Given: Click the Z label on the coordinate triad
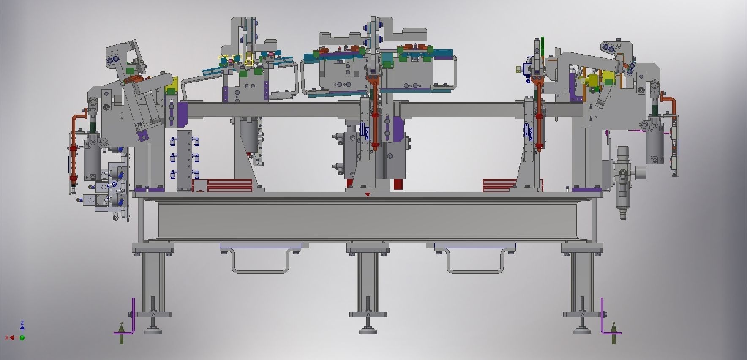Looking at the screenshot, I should [x=22, y=323].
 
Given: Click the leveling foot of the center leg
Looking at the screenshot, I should [x=368, y=330].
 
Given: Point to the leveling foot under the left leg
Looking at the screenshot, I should [x=153, y=330].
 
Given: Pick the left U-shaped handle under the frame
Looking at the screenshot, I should [x=259, y=264].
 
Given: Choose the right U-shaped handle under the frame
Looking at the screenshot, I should [x=475, y=264].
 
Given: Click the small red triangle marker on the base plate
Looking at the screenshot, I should [x=368, y=195].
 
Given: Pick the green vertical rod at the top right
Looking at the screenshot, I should [x=543, y=46].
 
